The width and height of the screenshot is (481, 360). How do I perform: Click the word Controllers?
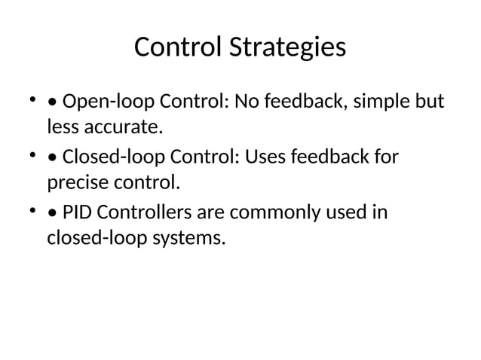pos(143,213)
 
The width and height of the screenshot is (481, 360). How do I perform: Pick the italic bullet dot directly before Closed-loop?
pos(51,159)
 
